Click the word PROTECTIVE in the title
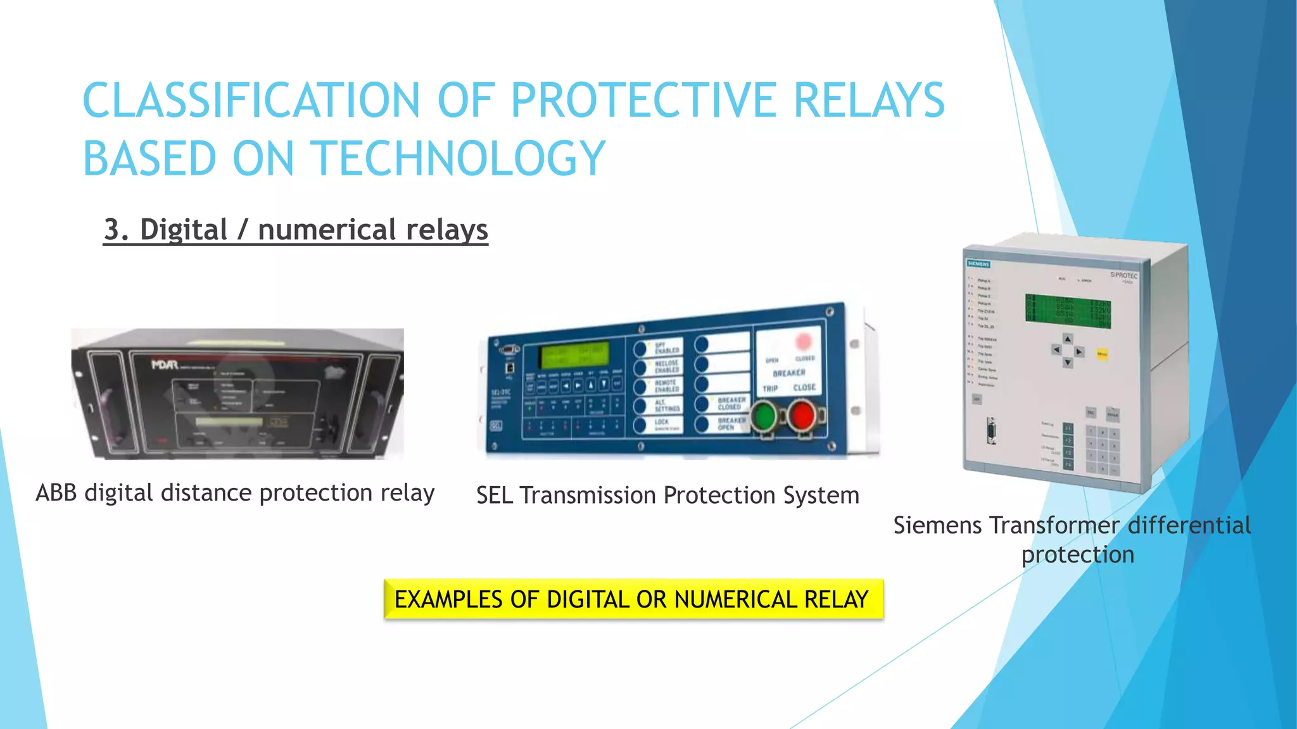pyautogui.click(x=643, y=101)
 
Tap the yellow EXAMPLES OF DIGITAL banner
pyautogui.click(x=633, y=599)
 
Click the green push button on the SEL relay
pyautogui.click(x=764, y=416)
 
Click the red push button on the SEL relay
pyautogui.click(x=802, y=416)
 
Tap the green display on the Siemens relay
pyautogui.click(x=1068, y=310)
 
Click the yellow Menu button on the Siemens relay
pyautogui.click(x=1102, y=354)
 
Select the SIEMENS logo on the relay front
pyautogui.click(x=978, y=264)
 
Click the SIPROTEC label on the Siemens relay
pyautogui.click(x=1123, y=275)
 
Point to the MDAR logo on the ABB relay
pyautogui.click(x=165, y=364)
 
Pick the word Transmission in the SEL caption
pyautogui.click(x=586, y=495)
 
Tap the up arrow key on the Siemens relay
pyautogui.click(x=1068, y=339)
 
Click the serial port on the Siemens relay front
pyautogui.click(x=991, y=432)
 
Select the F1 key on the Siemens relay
pyautogui.click(x=1068, y=428)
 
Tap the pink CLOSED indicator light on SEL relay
pyautogui.click(x=803, y=342)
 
